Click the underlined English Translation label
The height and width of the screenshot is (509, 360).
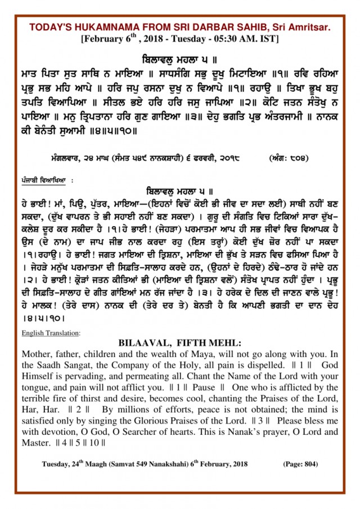[x=51, y=333]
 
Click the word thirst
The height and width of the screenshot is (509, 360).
[x=94, y=399]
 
